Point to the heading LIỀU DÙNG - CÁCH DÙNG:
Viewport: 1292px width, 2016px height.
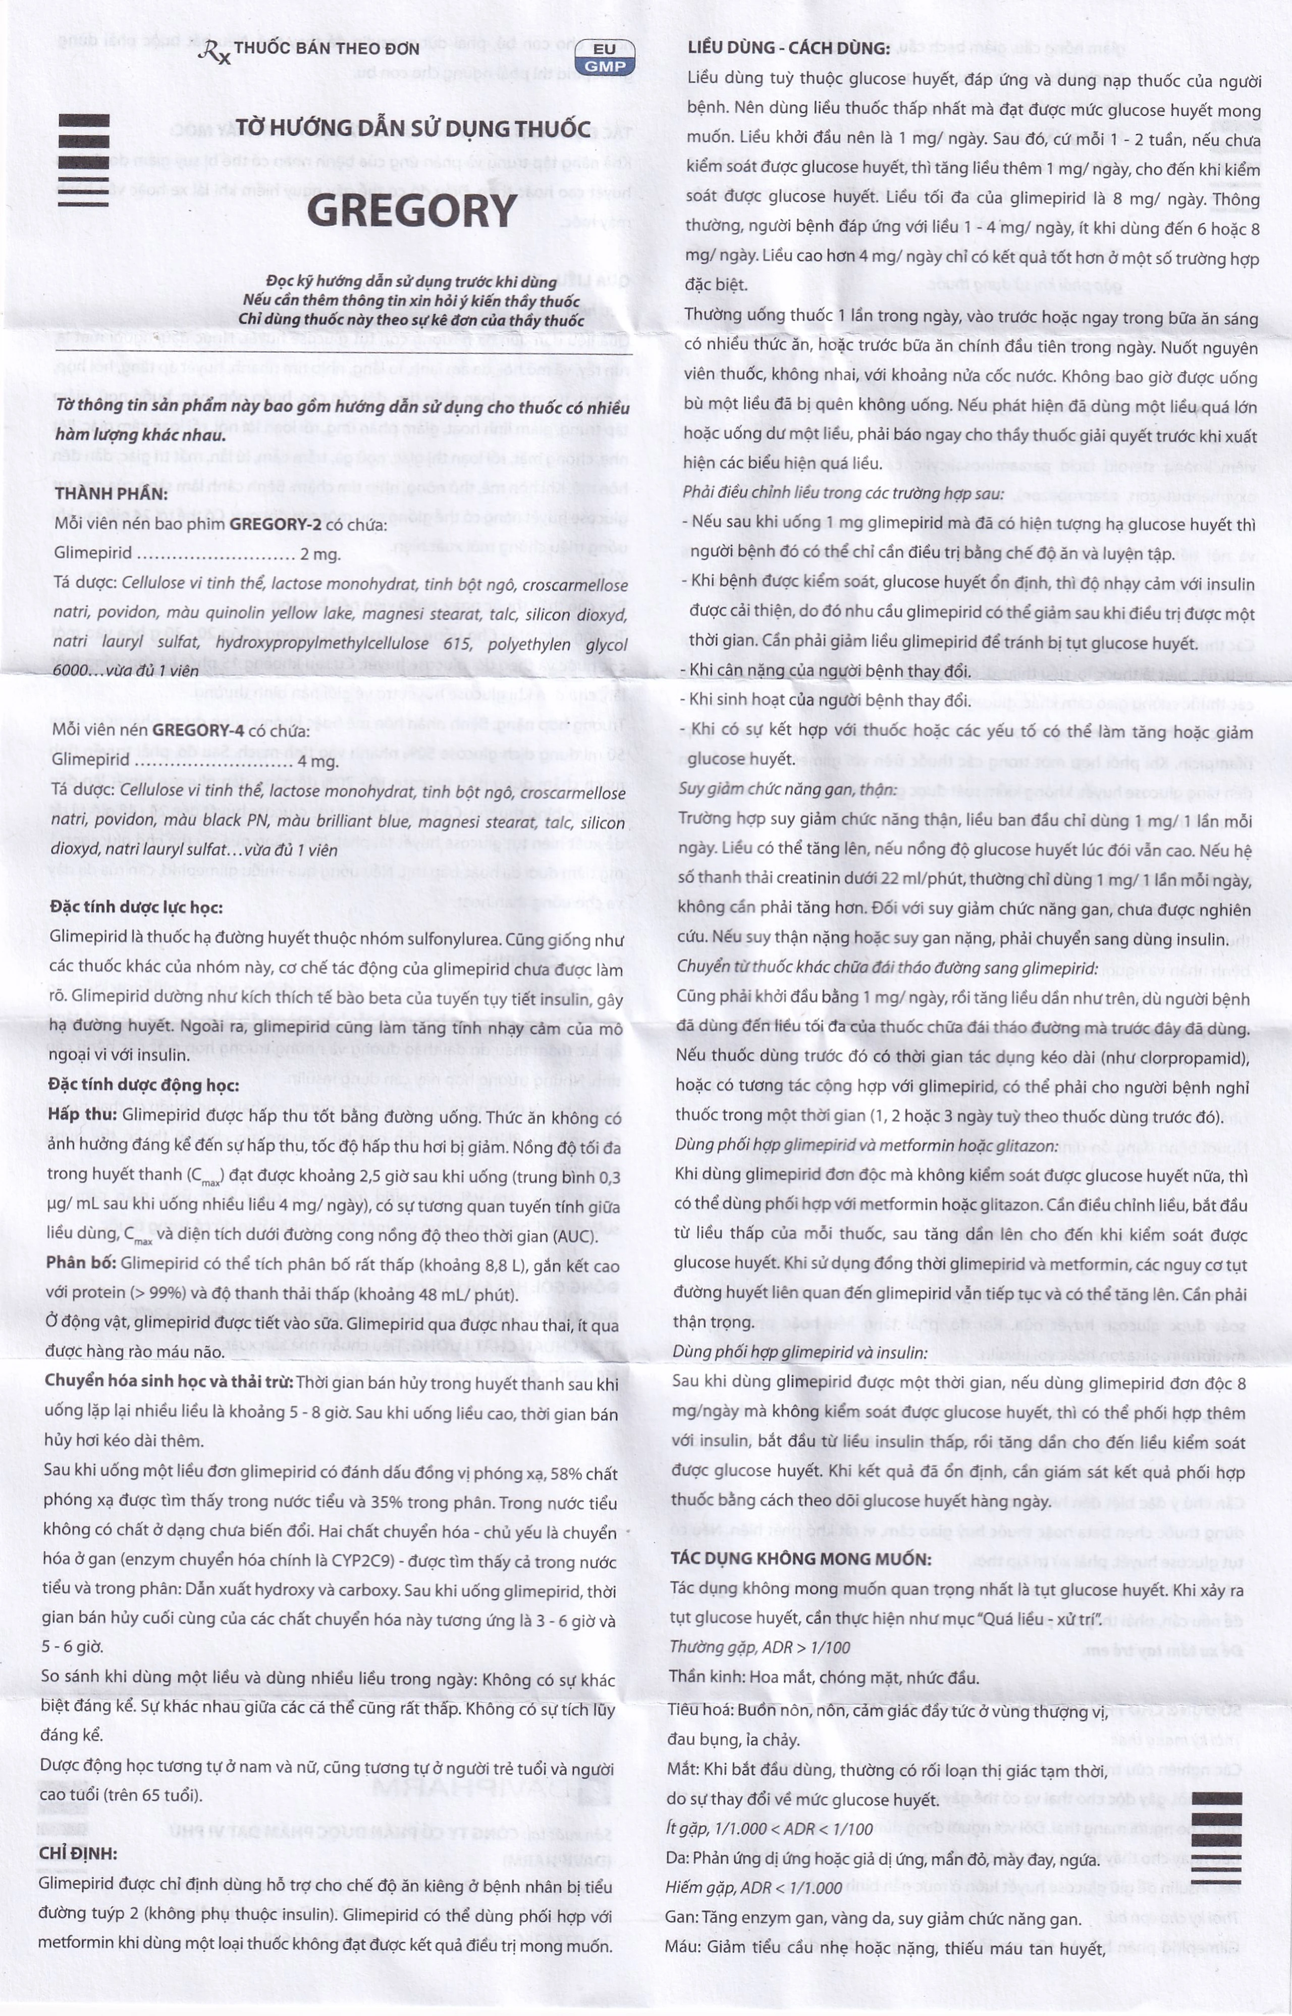tap(788, 48)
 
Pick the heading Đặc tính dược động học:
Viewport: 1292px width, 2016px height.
tap(143, 1085)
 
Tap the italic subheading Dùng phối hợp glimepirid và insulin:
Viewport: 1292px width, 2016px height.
tap(799, 1353)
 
